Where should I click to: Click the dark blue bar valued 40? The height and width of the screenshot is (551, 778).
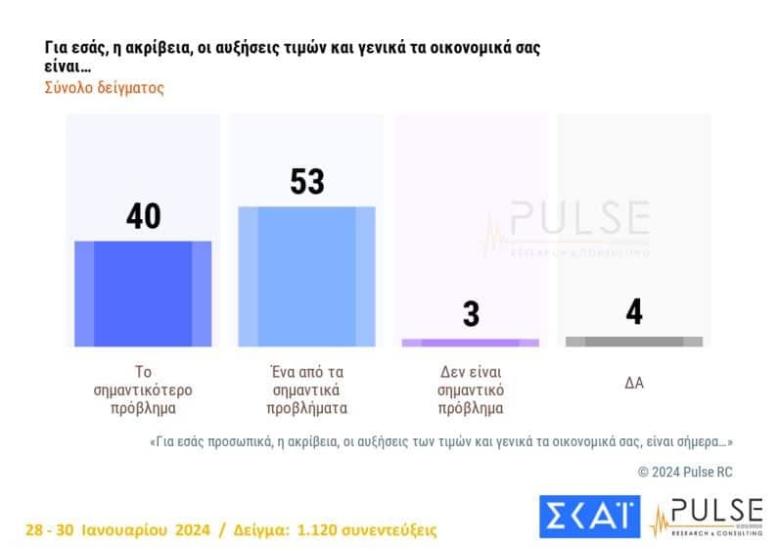tap(143, 294)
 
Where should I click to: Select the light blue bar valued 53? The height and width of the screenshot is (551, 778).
tap(306, 276)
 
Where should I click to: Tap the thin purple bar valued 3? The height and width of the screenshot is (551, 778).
tap(470, 343)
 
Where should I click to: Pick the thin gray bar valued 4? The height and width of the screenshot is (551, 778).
tap(634, 342)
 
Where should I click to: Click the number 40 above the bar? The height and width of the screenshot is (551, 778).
tap(143, 216)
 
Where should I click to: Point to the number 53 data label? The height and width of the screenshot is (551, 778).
tap(307, 182)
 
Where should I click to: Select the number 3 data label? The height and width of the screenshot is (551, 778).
tap(471, 315)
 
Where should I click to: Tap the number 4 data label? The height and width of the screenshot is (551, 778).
tap(634, 312)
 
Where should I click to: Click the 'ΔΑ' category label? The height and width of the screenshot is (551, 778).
tap(634, 383)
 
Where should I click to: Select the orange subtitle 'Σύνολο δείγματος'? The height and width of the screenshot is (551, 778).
tap(105, 87)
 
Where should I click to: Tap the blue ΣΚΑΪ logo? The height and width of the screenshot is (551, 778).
tap(589, 517)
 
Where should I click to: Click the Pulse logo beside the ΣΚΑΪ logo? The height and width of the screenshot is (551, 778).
tap(707, 516)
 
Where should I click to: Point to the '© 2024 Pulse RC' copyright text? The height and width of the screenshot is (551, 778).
tap(685, 472)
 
